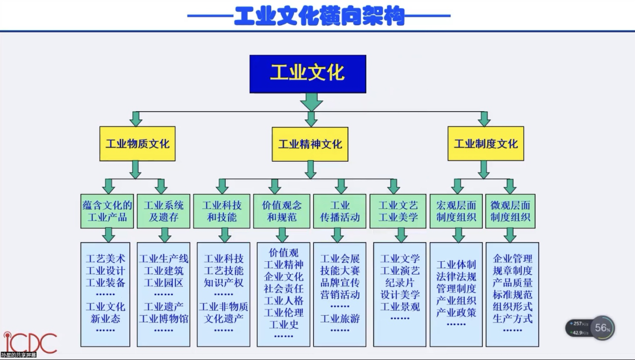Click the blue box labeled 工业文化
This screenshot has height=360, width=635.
(308, 74)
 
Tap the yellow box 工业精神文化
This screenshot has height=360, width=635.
(310, 144)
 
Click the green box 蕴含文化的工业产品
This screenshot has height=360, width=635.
(107, 211)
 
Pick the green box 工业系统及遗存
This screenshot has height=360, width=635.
(164, 211)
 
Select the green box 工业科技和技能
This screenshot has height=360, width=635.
(222, 211)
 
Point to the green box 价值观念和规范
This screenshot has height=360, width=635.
(282, 211)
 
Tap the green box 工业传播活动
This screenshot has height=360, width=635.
(340, 211)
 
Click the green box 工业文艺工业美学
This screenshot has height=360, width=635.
(398, 211)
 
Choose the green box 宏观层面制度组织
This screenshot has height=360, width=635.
(456, 211)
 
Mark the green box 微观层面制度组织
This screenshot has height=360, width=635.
(511, 211)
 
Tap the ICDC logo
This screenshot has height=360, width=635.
(31, 343)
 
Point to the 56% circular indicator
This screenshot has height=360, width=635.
(602, 328)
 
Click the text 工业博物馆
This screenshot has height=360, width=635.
(164, 319)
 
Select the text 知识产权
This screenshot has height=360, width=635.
(223, 282)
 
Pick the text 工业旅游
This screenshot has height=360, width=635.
(340, 319)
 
